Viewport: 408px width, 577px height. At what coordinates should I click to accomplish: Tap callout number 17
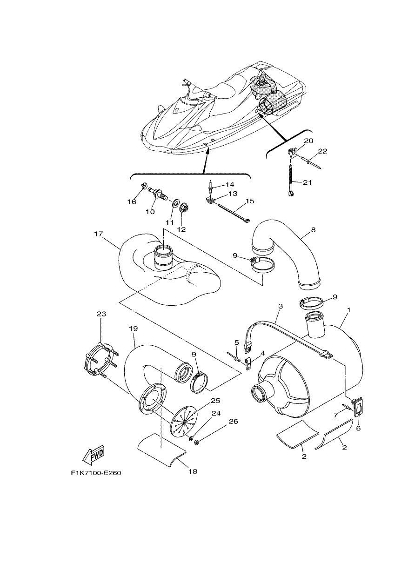pyautogui.click(x=99, y=234)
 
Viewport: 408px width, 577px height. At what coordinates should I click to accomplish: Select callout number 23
pyautogui.click(x=101, y=314)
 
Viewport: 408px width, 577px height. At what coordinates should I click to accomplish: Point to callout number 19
pyautogui.click(x=134, y=329)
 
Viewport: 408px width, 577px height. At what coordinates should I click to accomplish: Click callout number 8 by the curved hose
pyautogui.click(x=313, y=230)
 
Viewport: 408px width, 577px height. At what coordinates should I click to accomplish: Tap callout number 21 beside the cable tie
pyautogui.click(x=308, y=182)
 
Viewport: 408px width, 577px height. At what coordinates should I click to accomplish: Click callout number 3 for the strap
pyautogui.click(x=281, y=306)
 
